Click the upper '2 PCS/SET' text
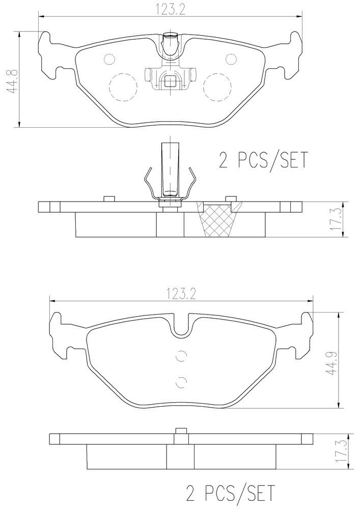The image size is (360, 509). pos(263,160)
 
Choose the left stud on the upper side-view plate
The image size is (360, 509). pos(108,199)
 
